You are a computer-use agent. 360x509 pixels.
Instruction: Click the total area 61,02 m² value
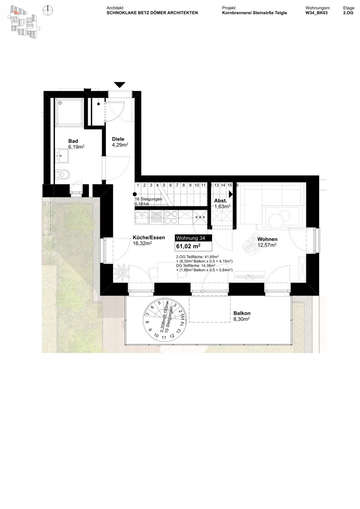click(x=189, y=246)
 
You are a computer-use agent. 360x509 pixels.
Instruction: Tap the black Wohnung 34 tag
click(x=191, y=238)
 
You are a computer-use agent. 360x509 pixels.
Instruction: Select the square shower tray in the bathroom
click(x=69, y=111)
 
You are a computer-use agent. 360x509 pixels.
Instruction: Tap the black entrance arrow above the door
click(x=119, y=85)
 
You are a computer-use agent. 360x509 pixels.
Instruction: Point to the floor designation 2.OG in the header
click(x=348, y=13)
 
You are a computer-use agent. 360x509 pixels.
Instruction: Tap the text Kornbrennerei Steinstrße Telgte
click(x=255, y=13)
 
